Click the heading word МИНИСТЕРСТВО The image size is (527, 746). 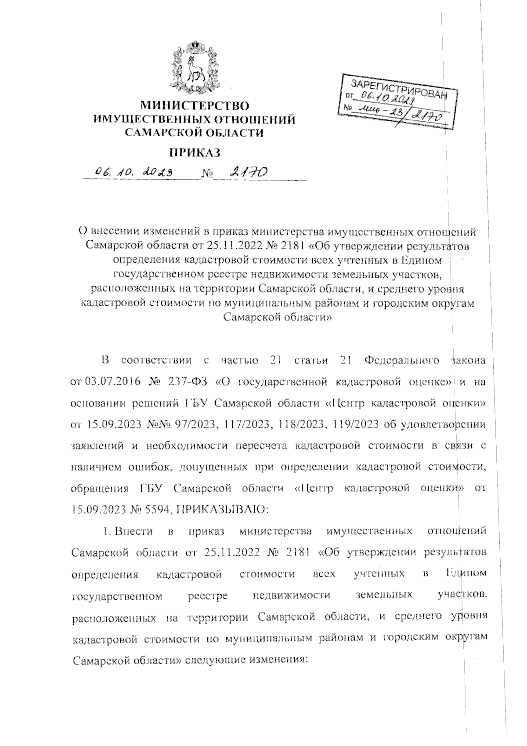pyautogui.click(x=195, y=106)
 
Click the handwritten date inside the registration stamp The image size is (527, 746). pyautogui.click(x=384, y=98)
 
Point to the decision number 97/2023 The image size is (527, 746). pyautogui.click(x=196, y=424)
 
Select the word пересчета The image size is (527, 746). pyautogui.click(x=260, y=445)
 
